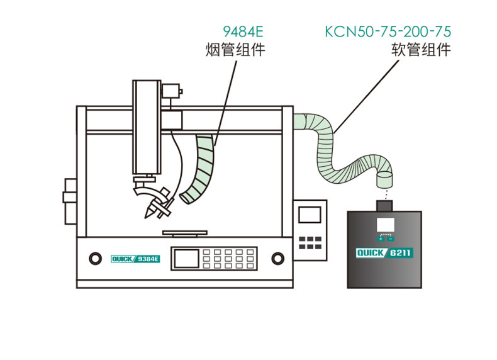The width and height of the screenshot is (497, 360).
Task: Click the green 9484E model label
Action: (243, 31)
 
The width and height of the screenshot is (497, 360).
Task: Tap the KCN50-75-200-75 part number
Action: (388, 31)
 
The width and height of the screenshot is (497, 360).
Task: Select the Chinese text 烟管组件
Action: (235, 50)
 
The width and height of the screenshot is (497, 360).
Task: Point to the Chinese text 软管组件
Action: (421, 50)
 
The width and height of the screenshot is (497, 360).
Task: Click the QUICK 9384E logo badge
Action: (135, 259)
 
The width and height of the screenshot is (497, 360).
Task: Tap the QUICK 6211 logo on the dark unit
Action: (384, 253)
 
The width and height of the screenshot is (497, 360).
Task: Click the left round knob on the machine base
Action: (96, 258)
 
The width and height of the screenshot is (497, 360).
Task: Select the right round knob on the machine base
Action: (277, 258)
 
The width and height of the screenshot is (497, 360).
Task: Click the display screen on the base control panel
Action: (187, 259)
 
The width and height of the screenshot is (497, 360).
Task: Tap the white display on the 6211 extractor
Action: (386, 225)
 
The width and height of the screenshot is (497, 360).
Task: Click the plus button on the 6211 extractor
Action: (381, 239)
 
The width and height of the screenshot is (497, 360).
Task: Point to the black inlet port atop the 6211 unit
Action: (384, 206)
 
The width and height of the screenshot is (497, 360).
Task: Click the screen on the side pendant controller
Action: (310, 215)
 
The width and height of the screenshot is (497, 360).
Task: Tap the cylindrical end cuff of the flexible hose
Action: (384, 179)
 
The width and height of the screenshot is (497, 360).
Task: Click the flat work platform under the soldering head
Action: (185, 233)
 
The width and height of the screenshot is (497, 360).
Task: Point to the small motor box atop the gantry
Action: (172, 91)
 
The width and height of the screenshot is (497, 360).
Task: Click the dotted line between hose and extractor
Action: (386, 194)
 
